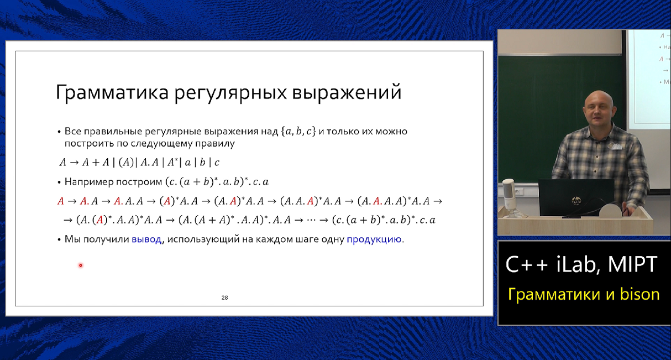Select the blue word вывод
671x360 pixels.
coord(146,240)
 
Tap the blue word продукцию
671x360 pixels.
coord(374,240)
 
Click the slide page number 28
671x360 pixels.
coord(224,298)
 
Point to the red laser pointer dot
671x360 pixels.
coord(80,265)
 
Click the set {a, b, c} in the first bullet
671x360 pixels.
coord(298,132)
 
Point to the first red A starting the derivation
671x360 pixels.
coord(61,201)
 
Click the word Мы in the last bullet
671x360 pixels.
coord(72,240)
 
